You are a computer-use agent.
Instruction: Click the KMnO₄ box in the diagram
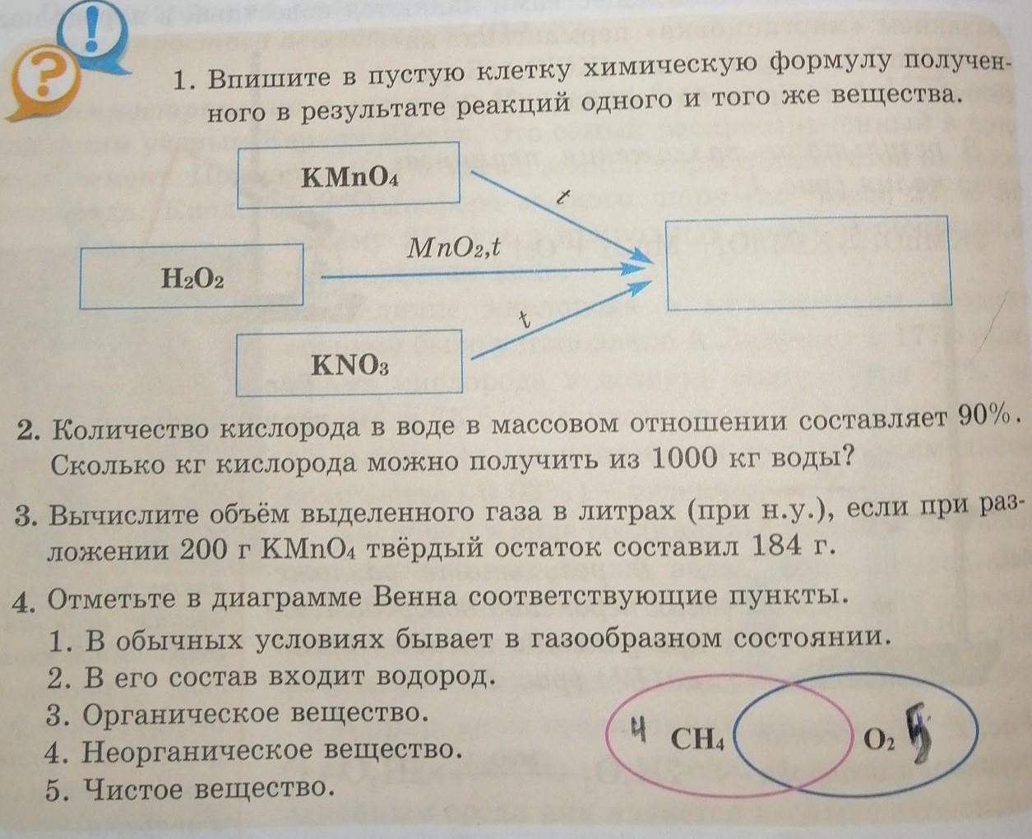coord(348,175)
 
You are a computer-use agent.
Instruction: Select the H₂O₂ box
coord(192,277)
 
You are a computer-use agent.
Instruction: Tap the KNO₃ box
coord(349,364)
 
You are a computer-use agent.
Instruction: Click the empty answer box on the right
coord(808,262)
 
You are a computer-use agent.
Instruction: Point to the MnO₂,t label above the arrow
coord(454,247)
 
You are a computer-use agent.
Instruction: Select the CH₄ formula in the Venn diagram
coord(697,739)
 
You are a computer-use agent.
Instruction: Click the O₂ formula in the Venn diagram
coord(878,739)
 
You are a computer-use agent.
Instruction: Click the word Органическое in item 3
coord(180,713)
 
